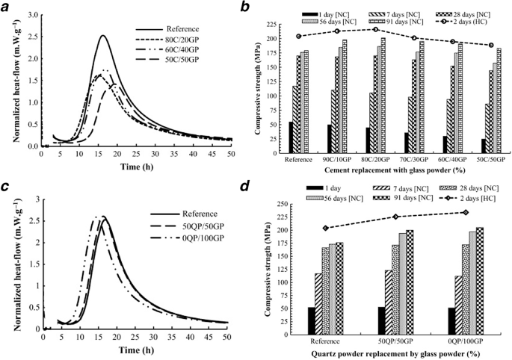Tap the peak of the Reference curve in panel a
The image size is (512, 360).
pos(103,36)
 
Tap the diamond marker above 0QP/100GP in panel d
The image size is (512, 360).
pos(466,213)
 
